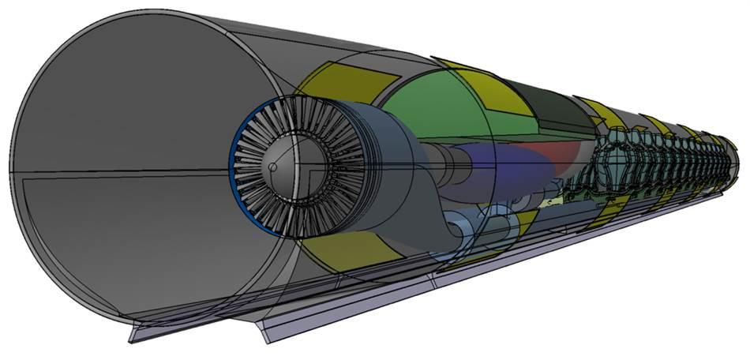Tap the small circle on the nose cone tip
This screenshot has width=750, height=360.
coord(271,167)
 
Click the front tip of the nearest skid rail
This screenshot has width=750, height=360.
coord(134,336)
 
